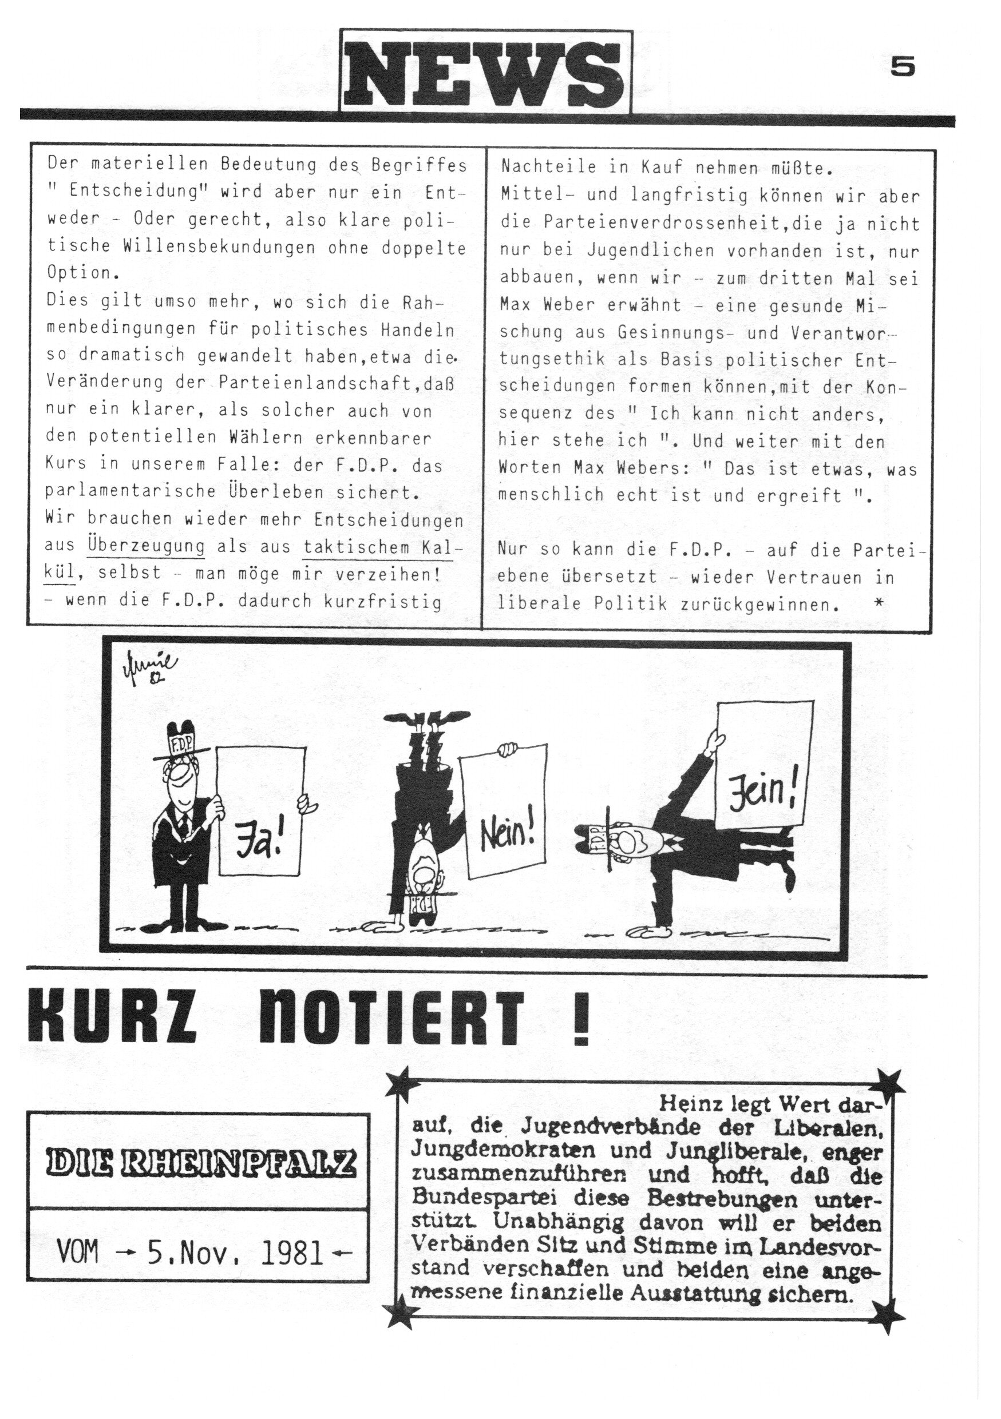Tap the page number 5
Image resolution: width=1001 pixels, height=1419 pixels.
pyautogui.click(x=903, y=67)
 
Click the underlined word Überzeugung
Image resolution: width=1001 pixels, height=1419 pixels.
pyautogui.click(x=147, y=546)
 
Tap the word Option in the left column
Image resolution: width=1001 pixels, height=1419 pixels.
pyautogui.click(x=77, y=273)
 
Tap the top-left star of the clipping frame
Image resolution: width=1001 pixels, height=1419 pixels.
pyautogui.click(x=401, y=1082)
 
